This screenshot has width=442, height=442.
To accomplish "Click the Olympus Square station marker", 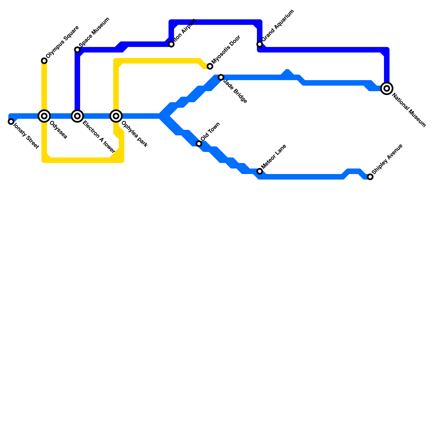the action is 44,61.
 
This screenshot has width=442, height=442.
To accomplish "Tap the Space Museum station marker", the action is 77,50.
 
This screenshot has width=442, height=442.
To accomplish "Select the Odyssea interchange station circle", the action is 44,116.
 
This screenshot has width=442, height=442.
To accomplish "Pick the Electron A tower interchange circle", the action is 77,116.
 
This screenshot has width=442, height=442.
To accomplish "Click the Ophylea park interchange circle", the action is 116,116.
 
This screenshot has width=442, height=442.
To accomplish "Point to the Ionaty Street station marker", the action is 11,122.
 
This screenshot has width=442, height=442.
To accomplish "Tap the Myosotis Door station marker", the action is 210,66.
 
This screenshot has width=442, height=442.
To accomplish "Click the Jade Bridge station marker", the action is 221,77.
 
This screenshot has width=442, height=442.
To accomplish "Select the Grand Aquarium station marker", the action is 260,44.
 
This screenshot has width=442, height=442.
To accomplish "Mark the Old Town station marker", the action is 199,144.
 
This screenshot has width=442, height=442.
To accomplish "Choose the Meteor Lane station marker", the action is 260,171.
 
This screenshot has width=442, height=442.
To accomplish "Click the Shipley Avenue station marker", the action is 370,177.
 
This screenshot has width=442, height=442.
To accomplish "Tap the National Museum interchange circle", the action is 387,88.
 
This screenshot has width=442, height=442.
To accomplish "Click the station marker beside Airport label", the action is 171,44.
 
